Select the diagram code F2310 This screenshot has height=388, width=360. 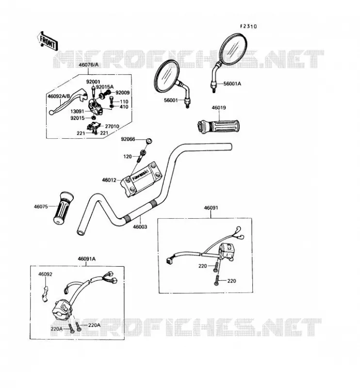[x=248, y=26]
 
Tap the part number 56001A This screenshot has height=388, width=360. [x=232, y=83]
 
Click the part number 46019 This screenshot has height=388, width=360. [x=219, y=108]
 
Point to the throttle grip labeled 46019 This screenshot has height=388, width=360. [x=218, y=126]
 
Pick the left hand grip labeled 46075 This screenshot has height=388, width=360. [x=63, y=208]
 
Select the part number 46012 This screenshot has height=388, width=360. [x=109, y=180]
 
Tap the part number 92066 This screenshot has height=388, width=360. [x=128, y=139]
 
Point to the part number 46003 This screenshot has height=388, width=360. [x=140, y=226]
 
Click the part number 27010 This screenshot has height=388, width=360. [x=112, y=126]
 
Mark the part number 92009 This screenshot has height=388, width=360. [x=123, y=93]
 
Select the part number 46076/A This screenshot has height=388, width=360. [x=88, y=65]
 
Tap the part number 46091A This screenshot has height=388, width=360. [x=87, y=259]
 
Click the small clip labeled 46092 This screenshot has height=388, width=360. [x=45, y=294]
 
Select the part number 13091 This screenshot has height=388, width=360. [x=77, y=112]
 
